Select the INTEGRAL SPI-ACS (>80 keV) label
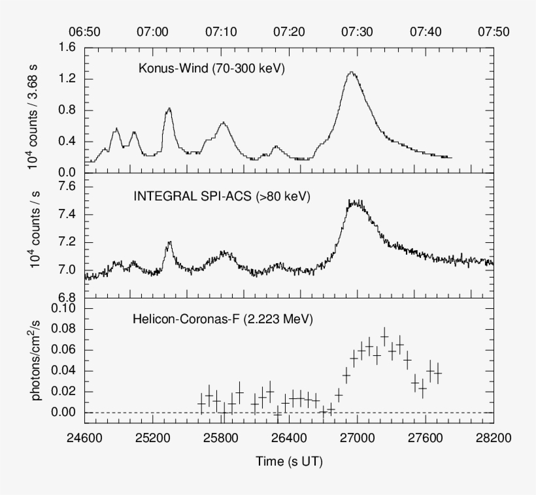pyautogui.click(x=221, y=195)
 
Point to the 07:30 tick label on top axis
pyautogui.click(x=358, y=31)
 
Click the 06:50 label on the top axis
pyautogui.click(x=86, y=31)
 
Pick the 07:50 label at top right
pyautogui.click(x=494, y=31)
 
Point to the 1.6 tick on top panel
pyautogui.click(x=67, y=47)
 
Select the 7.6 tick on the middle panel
pyautogui.click(x=67, y=187)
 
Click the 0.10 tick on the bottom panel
pyautogui.click(x=63, y=308)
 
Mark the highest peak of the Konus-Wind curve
pyautogui.click(x=352, y=72)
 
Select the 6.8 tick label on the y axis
pyautogui.click(x=67, y=297)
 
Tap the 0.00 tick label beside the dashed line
pyautogui.click(x=63, y=413)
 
